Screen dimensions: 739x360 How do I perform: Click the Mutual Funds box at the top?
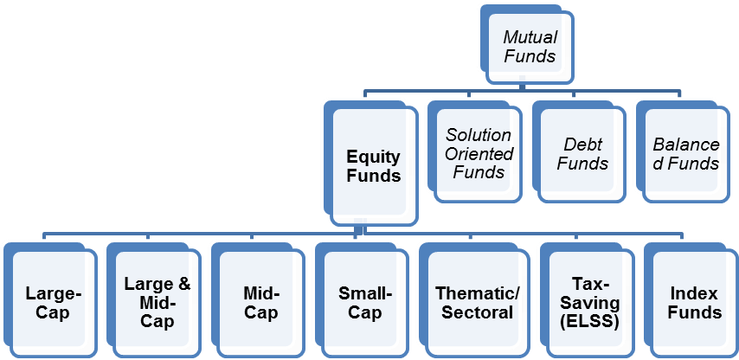[527, 45]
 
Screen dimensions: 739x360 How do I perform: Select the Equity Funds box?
[371, 163]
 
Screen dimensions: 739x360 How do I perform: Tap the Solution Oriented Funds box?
[475, 151]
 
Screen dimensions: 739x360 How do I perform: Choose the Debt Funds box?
[579, 151]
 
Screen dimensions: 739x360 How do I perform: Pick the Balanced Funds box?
[683, 151]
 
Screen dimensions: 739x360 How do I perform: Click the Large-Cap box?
[50, 300]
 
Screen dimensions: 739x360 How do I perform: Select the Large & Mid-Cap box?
[154, 300]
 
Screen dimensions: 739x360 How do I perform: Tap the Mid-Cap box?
[257, 300]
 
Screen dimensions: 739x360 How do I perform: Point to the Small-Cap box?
[362, 300]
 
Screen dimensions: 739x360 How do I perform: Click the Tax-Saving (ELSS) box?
[588, 300]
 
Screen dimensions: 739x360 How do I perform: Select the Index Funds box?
[691, 300]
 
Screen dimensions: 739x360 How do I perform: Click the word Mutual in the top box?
[530, 37]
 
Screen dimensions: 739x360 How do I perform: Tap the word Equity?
[374, 157]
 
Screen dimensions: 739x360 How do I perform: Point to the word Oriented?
[479, 154]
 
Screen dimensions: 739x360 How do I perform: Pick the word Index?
[694, 294]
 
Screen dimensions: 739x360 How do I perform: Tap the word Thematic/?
[477, 293]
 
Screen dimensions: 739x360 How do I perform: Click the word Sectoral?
[477, 312]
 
